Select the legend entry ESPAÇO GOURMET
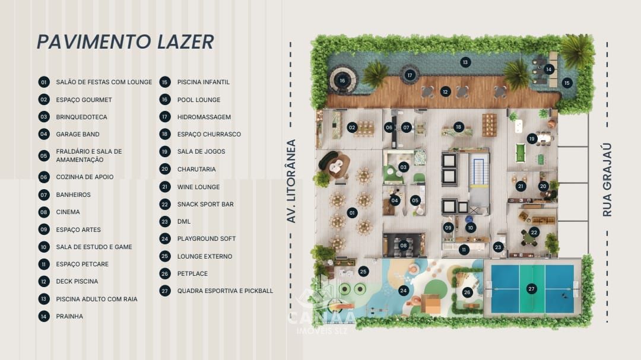pos(84,100)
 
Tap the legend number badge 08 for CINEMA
pos(44,212)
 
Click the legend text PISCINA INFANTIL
pos(203,82)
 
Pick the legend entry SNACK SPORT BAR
pos(205,204)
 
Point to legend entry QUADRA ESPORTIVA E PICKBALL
pos(225,291)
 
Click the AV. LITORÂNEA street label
pos(291,181)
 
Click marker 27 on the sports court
pos(531,289)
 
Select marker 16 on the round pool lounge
pos(342,80)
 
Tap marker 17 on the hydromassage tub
pos(410,75)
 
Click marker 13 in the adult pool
pos(465,62)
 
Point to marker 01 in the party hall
pos(352,212)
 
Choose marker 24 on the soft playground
pos(404,290)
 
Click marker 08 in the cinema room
pos(404,245)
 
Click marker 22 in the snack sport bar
pos(534,232)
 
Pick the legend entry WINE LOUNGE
pos(198,187)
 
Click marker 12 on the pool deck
pos(445,91)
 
